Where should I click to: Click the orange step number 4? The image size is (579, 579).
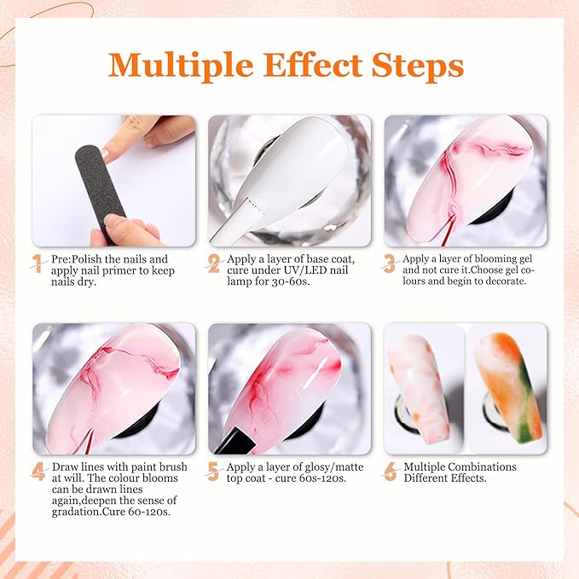[x=38, y=472]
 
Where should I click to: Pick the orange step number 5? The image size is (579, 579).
[x=213, y=472]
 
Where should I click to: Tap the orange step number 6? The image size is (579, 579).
[x=390, y=472]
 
